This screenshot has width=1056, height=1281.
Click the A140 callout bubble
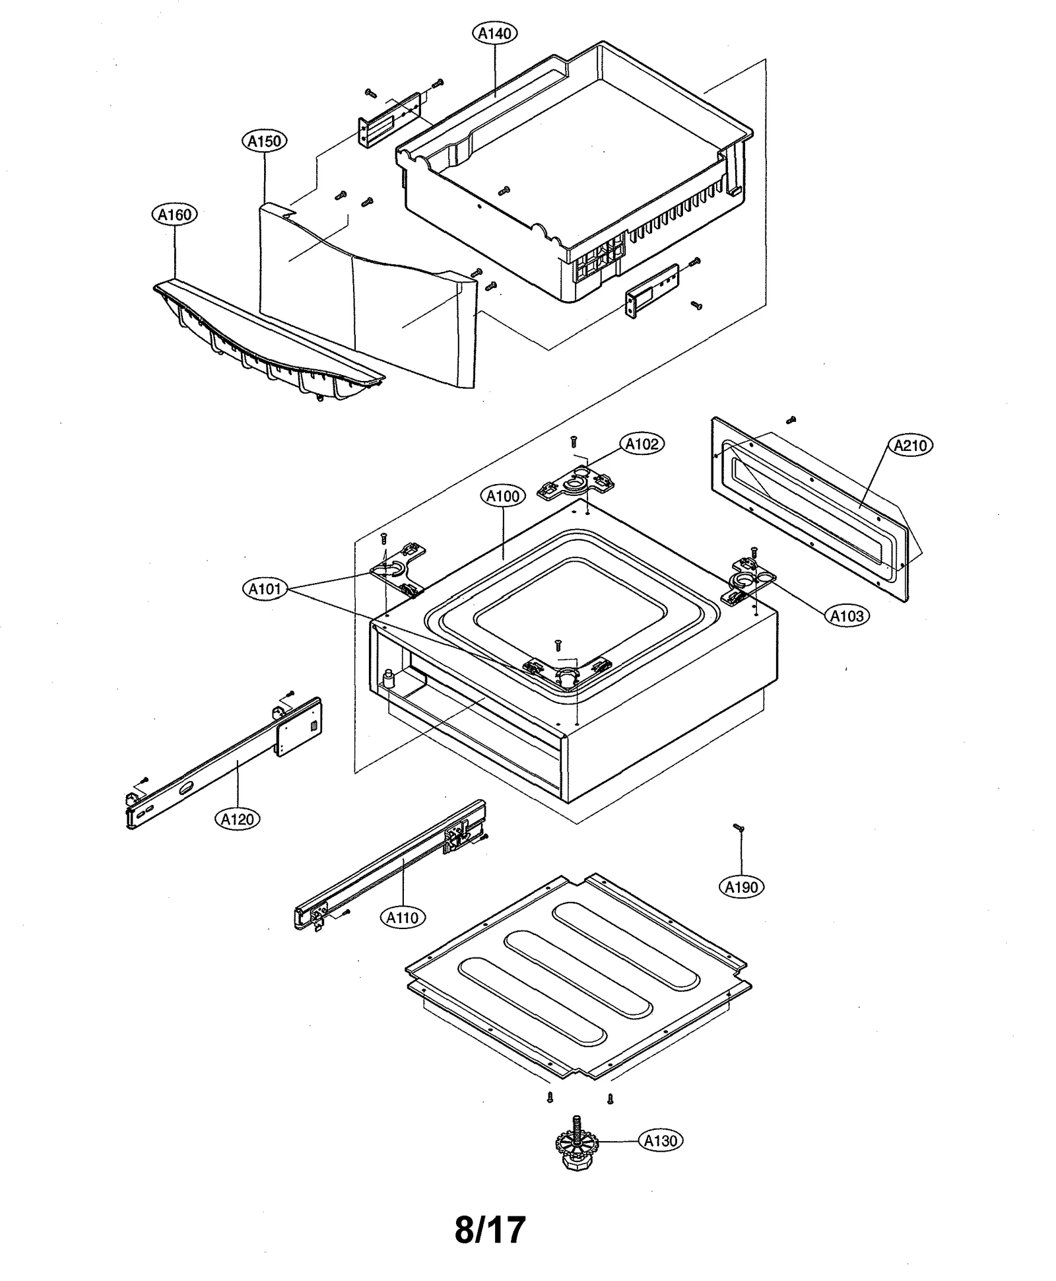pos(495,33)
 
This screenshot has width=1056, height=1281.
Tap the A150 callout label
pos(265,141)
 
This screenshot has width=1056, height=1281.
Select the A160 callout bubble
pos(175,215)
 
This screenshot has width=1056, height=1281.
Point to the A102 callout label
pos(642,444)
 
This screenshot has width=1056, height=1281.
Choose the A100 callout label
pos(503,496)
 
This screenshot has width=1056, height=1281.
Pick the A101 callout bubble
pos(265,588)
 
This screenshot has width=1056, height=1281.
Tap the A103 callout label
pos(847,616)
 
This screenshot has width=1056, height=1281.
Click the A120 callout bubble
pos(238,819)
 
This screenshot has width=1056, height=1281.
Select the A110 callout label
pos(403,917)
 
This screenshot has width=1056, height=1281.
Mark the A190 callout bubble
pos(741,887)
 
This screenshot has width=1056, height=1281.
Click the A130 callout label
pos(661,1140)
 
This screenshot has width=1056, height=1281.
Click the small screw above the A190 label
pos(739,827)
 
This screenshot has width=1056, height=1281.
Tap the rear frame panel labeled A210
pos(812,508)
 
